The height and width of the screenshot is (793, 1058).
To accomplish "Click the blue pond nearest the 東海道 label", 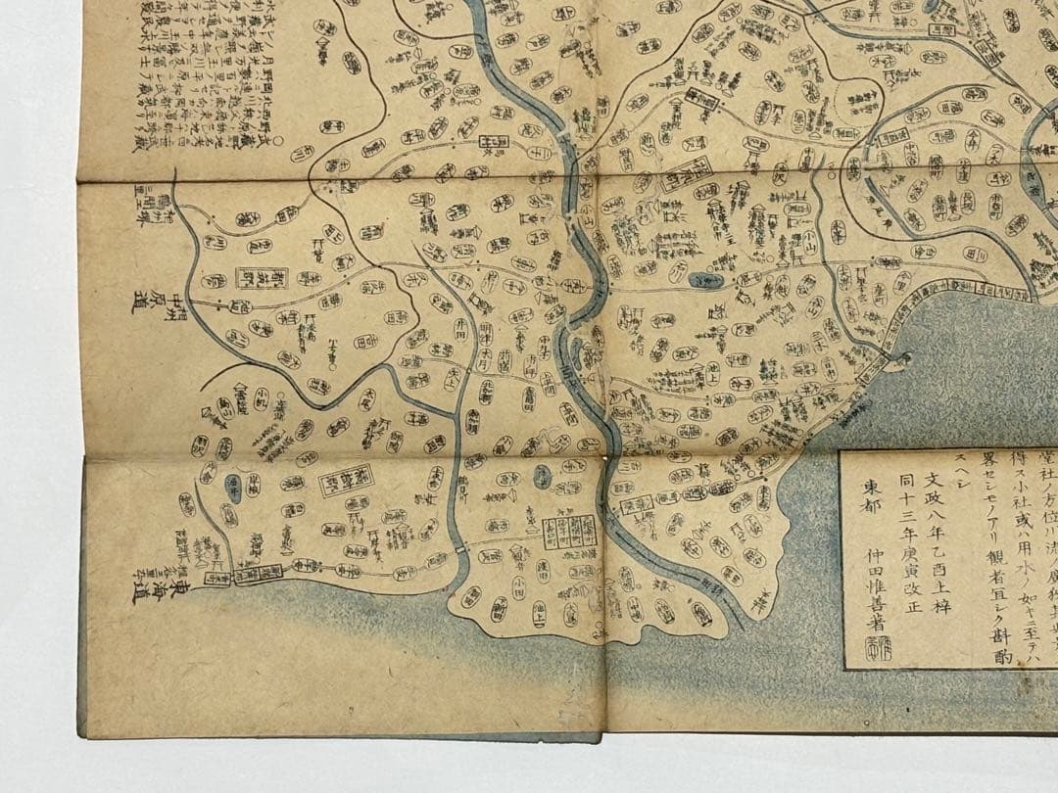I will (233, 482).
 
